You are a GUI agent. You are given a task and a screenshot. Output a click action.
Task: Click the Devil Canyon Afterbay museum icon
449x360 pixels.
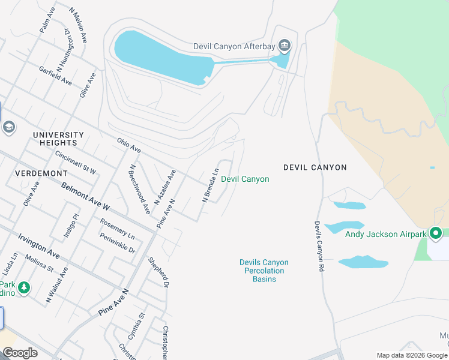coord(285,46)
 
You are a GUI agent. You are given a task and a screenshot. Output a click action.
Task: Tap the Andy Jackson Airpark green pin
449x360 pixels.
coord(436,233)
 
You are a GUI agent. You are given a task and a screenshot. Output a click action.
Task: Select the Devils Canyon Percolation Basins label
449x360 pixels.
coord(264,271)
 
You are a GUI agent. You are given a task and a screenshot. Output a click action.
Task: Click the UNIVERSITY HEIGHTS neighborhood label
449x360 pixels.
coord(58,139)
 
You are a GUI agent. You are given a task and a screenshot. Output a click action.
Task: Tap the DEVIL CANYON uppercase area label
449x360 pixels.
coord(315,167)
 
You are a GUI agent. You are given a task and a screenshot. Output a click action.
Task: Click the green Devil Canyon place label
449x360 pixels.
coord(245,179)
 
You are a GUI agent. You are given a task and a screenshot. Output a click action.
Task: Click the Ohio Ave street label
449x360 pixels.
coord(129,145)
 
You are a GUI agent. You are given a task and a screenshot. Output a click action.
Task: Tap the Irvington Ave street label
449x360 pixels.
coord(38,247)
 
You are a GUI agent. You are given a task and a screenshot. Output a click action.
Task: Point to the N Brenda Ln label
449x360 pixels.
coord(211,185)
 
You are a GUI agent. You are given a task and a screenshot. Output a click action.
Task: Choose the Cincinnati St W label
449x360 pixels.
coord(75,163)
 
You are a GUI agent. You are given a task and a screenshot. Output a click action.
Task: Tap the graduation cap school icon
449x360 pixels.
coord(8,127)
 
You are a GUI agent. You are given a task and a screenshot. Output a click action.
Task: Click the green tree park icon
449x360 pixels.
coord(24,289)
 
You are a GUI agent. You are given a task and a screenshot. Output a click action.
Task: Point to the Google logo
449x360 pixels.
coord(20,353)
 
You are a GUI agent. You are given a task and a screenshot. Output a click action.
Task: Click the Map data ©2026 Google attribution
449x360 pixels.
coord(411,355)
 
